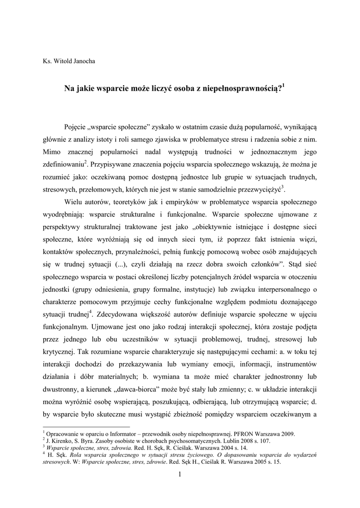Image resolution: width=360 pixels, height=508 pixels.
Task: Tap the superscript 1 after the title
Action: [284, 86]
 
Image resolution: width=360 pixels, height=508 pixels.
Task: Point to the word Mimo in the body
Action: [52, 150]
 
